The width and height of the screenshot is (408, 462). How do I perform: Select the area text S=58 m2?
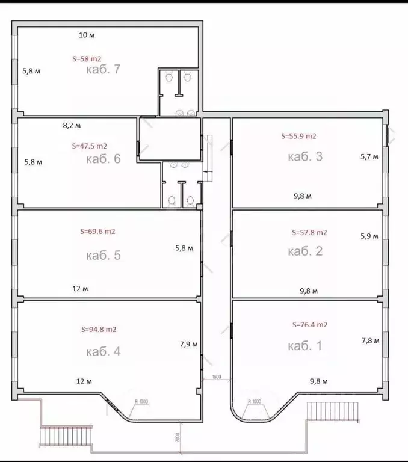pyautogui.click(x=87, y=59)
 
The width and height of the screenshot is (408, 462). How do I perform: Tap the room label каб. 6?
pyautogui.click(x=104, y=159)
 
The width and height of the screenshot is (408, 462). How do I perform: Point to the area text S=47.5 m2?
pyautogui.click(x=90, y=146)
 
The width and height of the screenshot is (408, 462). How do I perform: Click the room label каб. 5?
pyautogui.click(x=104, y=255)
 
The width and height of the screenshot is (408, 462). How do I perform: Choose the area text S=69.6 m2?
pyautogui.click(x=97, y=231)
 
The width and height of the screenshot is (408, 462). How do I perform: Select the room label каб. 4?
pyautogui.click(x=104, y=351)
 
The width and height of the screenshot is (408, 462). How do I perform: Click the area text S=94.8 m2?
pyautogui.click(x=99, y=330)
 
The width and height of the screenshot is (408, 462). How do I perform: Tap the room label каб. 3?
pyautogui.click(x=306, y=157)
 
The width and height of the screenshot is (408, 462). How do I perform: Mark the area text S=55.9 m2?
pyautogui.click(x=299, y=137)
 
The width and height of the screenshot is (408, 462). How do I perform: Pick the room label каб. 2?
pyautogui.click(x=306, y=251)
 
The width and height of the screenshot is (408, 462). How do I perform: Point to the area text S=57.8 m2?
pyautogui.click(x=309, y=232)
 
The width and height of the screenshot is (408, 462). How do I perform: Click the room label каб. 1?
pyautogui.click(x=306, y=346)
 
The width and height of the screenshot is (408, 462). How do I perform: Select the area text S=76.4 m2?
pyautogui.click(x=309, y=325)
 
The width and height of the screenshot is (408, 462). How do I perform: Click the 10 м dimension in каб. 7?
pyautogui.click(x=87, y=35)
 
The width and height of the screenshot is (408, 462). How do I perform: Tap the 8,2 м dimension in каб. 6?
pyautogui.click(x=72, y=126)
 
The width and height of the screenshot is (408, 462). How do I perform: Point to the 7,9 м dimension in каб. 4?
pyautogui.click(x=189, y=345)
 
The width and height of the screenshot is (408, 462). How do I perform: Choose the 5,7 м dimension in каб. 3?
pyautogui.click(x=369, y=157)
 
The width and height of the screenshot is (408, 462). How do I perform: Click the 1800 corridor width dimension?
pyautogui.click(x=217, y=378)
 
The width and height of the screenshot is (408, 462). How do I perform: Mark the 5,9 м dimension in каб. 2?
pyautogui.click(x=369, y=236)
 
